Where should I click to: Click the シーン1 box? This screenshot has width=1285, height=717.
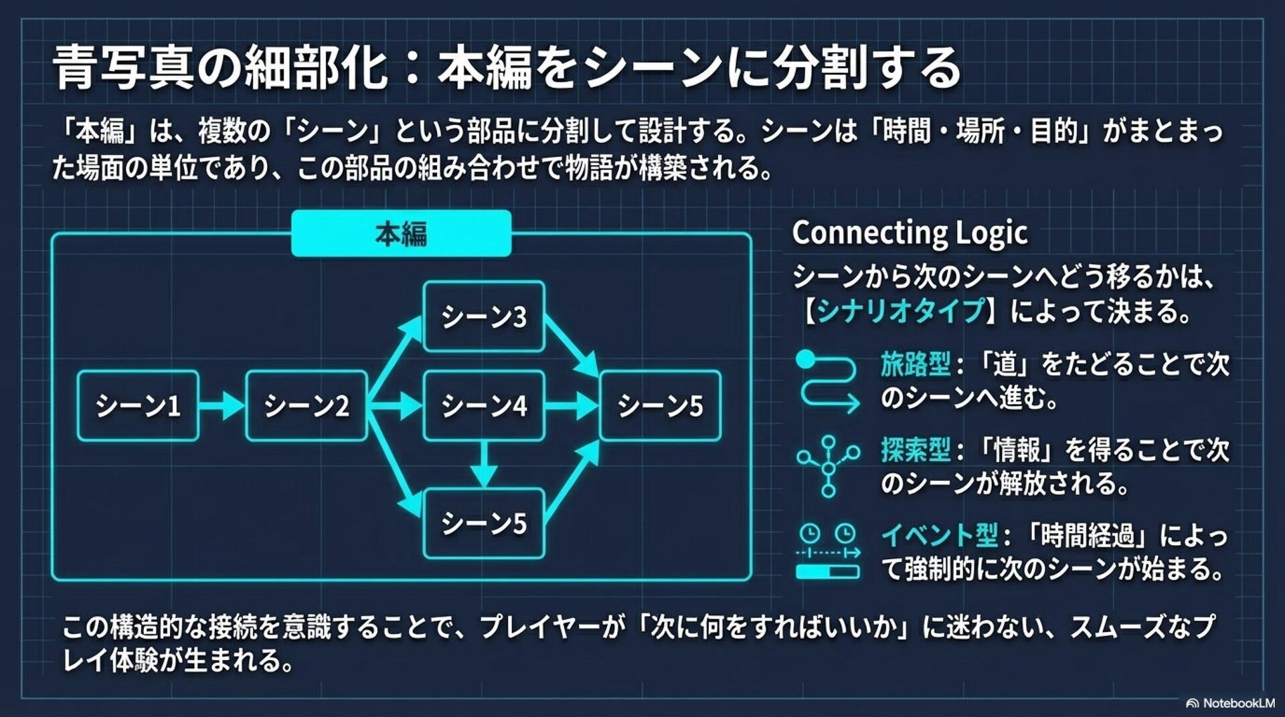pyautogui.click(x=138, y=405)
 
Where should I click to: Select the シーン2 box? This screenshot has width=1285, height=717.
pyautogui.click(x=307, y=405)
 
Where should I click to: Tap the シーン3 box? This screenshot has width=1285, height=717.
pyautogui.click(x=484, y=316)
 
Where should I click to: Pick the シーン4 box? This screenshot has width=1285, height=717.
pyautogui.click(x=484, y=405)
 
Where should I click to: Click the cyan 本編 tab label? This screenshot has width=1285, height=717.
pyautogui.click(x=401, y=233)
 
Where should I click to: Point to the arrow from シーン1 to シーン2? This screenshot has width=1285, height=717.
pyautogui.click(x=222, y=405)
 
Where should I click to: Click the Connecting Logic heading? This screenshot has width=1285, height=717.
pyautogui.click(x=910, y=233)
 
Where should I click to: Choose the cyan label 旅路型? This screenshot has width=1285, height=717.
pyautogui.click(x=915, y=365)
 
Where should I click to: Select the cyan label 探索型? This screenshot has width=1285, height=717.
pyautogui.click(x=915, y=450)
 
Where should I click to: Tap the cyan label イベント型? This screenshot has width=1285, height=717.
pyautogui.click(x=939, y=535)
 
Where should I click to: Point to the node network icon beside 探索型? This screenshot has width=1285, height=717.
pyautogui.click(x=829, y=466)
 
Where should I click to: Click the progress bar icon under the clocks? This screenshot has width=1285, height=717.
pyautogui.click(x=828, y=572)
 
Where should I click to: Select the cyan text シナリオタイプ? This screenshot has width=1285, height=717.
pyautogui.click(x=902, y=311)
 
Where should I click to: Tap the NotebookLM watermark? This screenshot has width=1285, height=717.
pyautogui.click(x=1230, y=703)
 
